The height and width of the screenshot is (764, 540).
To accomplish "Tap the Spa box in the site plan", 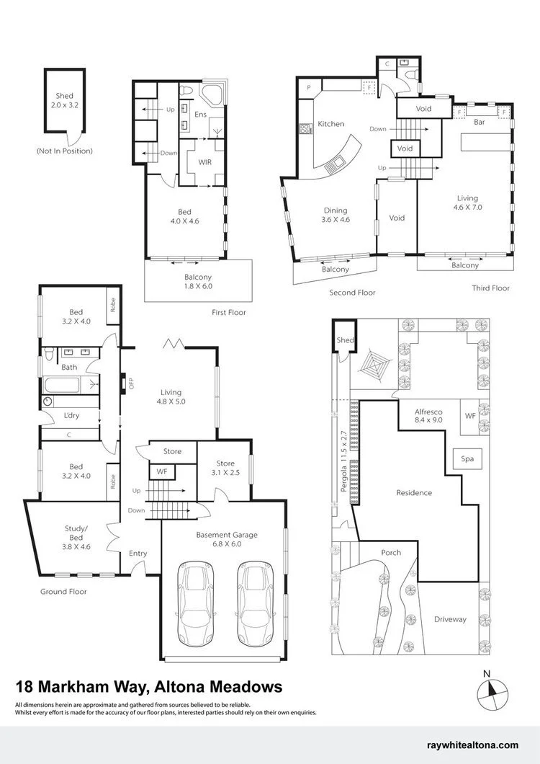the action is click(467, 458).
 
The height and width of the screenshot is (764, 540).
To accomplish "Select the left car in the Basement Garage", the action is click(196, 604).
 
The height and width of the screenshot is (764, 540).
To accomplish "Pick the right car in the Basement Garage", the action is click(256, 604).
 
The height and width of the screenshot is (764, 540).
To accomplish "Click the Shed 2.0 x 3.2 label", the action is click(64, 100).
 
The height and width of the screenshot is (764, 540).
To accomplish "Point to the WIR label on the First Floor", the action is click(205, 161).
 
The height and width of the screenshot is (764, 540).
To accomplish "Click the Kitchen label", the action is click(331, 124).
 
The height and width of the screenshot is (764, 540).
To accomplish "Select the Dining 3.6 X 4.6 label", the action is click(336, 215).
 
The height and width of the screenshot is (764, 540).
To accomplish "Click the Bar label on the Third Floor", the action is click(479, 122).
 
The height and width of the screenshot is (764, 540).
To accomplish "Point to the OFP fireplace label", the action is click(130, 383).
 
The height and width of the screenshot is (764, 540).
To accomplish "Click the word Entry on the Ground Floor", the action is click(138, 554).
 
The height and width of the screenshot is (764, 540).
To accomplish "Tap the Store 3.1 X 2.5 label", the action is click(225, 468).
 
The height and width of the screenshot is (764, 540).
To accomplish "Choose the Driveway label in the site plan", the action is click(450, 619).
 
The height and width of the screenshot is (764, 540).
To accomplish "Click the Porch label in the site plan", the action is click(391, 553).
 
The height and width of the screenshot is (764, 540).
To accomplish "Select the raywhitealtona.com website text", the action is click(473, 745).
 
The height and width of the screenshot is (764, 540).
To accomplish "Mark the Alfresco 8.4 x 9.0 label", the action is click(428, 415).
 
